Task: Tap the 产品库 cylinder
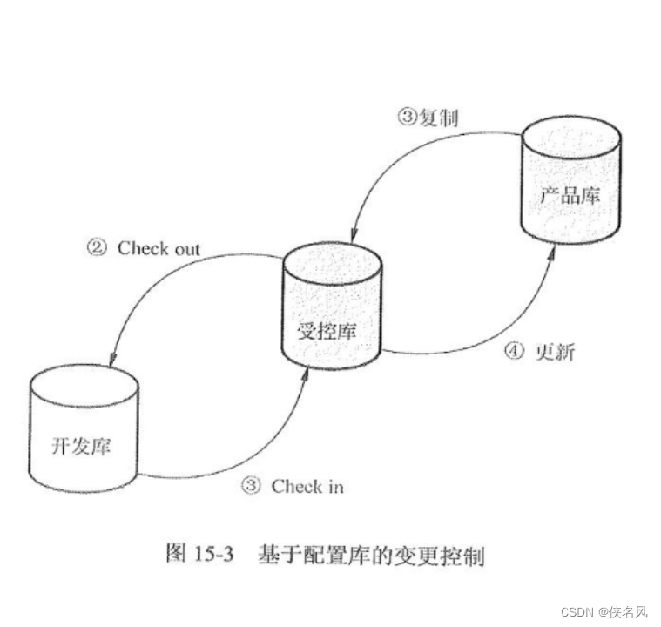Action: pos(570,182)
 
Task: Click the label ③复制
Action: pos(429,117)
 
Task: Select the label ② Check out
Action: pos(143,248)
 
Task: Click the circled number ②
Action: pos(97,248)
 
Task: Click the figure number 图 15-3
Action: pos(199,555)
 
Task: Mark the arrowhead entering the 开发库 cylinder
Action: pos(111,361)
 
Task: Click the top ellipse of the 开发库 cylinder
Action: pos(84,381)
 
